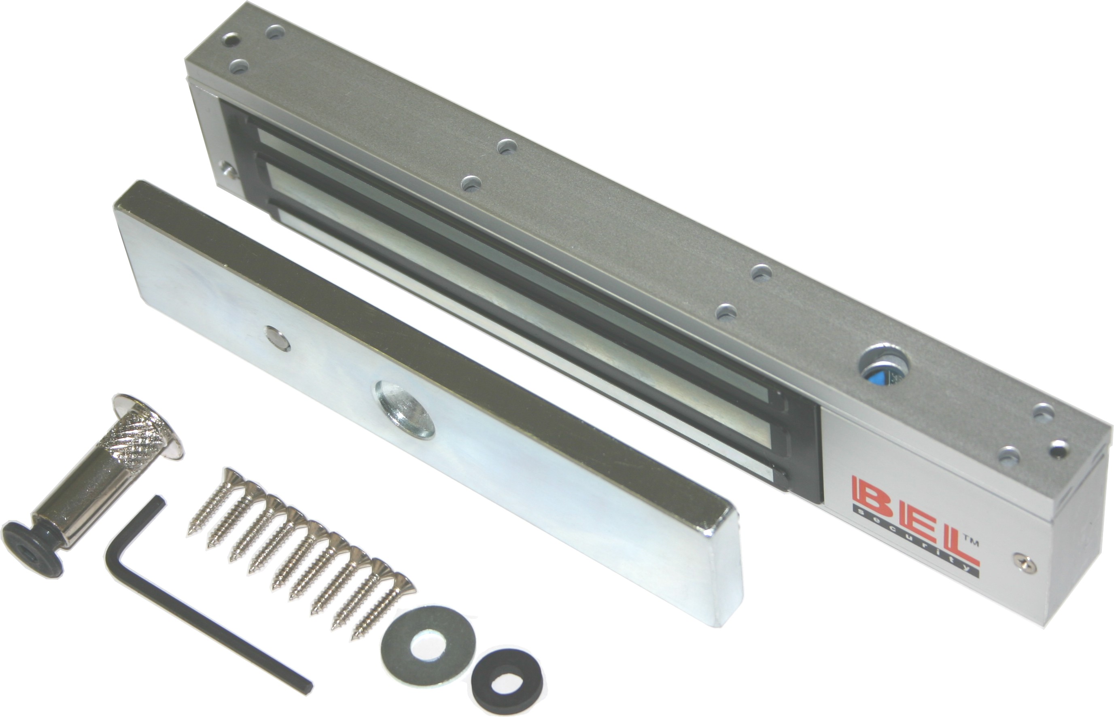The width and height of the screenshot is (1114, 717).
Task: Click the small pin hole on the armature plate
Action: pos(277,338)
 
